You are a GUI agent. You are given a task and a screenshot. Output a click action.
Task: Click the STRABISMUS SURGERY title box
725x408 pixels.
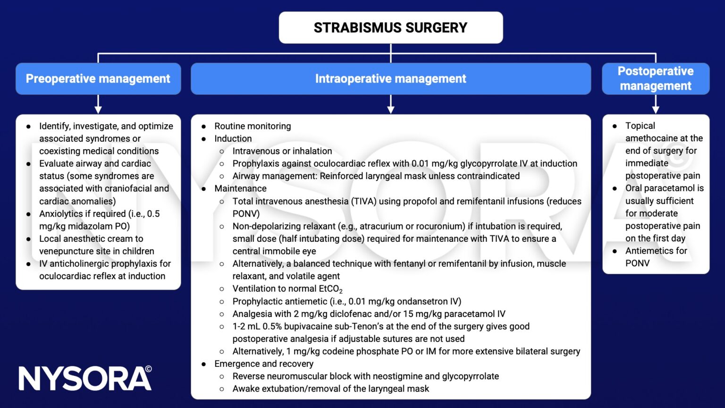tap(390, 28)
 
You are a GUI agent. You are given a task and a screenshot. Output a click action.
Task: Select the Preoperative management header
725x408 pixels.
tap(98, 78)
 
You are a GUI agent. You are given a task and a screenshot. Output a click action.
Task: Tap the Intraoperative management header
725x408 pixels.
tap(390, 78)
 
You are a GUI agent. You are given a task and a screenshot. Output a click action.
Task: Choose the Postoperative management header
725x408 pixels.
tap(655, 78)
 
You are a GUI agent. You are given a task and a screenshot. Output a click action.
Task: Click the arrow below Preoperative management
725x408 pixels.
tap(98, 104)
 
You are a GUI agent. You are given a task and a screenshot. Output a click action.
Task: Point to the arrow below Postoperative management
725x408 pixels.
tap(655, 104)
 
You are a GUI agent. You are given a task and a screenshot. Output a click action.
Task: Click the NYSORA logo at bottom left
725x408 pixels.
tap(85, 378)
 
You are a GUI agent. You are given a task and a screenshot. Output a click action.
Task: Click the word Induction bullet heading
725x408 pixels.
tap(233, 138)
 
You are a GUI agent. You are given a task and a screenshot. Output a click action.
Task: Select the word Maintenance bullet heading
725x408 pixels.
tap(240, 188)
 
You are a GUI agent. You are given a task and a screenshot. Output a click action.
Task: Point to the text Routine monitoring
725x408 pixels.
tap(253, 126)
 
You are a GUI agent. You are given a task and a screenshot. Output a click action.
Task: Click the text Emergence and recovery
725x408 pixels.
tap(263, 364)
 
